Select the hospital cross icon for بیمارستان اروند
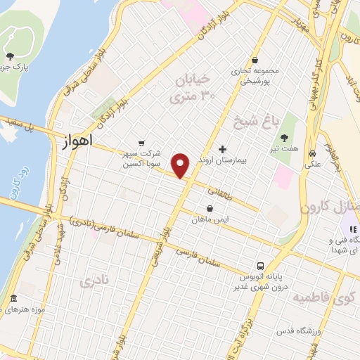(223, 149)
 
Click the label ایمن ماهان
(210, 220)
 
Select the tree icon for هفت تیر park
(285, 138)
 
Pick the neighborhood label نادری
(96, 283)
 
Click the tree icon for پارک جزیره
(9, 56)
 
